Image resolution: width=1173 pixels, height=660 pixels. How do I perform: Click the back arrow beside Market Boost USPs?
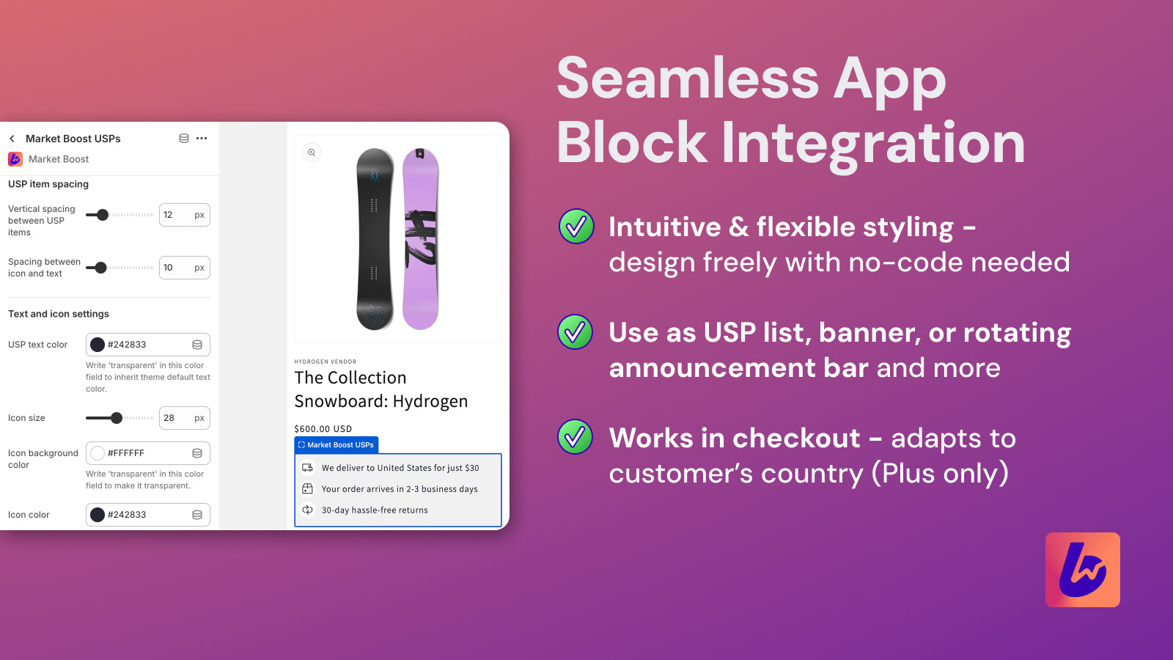tap(12, 139)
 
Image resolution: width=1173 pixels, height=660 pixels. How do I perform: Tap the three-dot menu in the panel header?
tap(202, 138)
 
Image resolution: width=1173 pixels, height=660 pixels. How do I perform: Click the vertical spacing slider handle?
tap(103, 215)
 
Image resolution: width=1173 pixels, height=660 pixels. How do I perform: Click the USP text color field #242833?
tap(147, 345)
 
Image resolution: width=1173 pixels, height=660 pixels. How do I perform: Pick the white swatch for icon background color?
tap(98, 453)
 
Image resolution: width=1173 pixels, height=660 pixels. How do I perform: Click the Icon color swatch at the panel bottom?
tap(98, 515)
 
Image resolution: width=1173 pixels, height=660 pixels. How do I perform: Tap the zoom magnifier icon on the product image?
tap(312, 153)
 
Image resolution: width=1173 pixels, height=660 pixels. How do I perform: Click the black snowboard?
tap(375, 239)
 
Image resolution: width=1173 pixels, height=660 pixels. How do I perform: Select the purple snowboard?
tap(421, 239)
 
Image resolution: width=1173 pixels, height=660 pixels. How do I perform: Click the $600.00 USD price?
tap(323, 429)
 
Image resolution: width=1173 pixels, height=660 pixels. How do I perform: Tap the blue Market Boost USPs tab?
tap(337, 445)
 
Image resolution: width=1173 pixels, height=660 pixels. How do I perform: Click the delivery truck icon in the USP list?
tap(308, 468)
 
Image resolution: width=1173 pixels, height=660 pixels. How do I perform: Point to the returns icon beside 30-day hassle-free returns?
tap(308, 510)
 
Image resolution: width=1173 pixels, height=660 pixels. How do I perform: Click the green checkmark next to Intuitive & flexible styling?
tap(576, 226)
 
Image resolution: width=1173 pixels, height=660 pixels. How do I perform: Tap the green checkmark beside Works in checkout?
tap(576, 437)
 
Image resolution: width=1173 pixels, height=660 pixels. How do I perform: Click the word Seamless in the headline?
tap(687, 79)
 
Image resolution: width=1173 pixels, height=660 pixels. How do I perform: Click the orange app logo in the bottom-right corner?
tap(1082, 570)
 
